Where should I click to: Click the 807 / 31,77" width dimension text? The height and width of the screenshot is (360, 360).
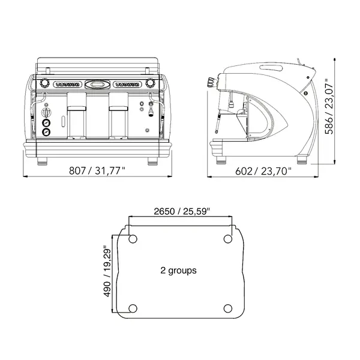pyautogui.click(x=97, y=171)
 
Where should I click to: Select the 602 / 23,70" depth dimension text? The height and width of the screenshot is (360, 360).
pyautogui.click(x=263, y=171)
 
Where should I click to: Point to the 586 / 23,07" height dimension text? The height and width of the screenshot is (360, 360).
pyautogui.click(x=329, y=106)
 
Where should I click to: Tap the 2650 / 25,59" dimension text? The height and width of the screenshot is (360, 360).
pyautogui.click(x=182, y=211)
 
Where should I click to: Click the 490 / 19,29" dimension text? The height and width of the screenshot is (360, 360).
pyautogui.click(x=107, y=271)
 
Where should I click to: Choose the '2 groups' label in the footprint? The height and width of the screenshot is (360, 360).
pyautogui.click(x=178, y=270)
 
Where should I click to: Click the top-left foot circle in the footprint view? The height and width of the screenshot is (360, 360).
pyautogui.click(x=133, y=239)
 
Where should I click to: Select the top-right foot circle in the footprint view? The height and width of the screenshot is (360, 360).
pyautogui.click(x=228, y=239)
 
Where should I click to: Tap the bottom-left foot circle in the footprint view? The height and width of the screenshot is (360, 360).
pyautogui.click(x=133, y=308)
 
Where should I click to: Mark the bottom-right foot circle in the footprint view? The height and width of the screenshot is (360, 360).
pyautogui.click(x=228, y=308)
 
